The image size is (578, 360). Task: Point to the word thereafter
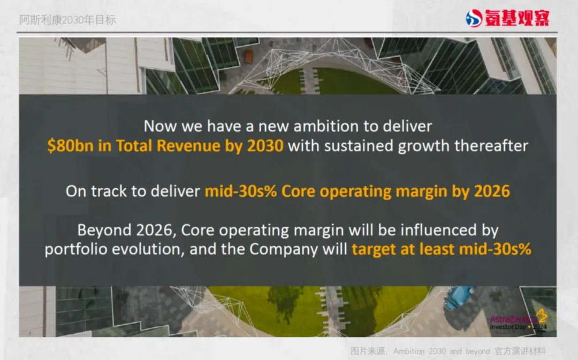(491, 145)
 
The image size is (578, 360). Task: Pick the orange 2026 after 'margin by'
(492, 192)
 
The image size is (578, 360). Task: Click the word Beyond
(104, 231)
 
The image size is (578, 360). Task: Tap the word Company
(284, 249)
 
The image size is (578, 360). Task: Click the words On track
(96, 192)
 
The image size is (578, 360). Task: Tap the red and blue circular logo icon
(474, 18)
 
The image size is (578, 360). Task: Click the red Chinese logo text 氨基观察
(517, 18)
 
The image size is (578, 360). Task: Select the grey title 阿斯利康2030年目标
(67, 20)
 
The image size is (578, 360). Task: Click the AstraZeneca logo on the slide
(519, 320)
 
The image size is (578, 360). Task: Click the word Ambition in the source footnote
(409, 351)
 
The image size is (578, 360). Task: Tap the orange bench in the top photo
(249, 56)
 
